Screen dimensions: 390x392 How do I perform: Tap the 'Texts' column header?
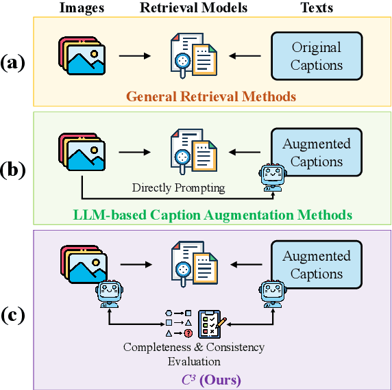(316, 9)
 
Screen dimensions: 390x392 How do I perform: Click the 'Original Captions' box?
(316, 56)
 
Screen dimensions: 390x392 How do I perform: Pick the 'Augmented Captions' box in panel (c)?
(316, 265)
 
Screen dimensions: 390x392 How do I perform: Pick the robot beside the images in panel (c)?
(109, 293)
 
